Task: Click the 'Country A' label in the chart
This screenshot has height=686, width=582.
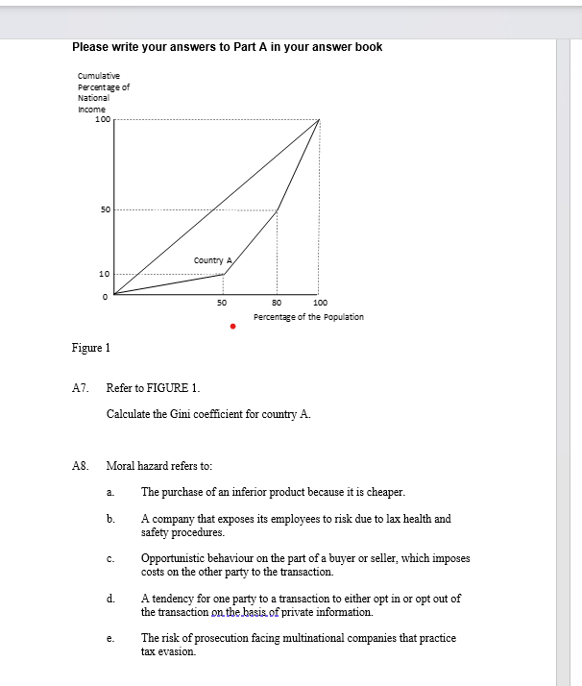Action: click(211, 260)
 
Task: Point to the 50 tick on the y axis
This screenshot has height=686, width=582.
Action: click(106, 209)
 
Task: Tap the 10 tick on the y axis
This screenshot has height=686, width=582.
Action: click(105, 275)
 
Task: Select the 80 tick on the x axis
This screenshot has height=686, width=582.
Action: click(277, 303)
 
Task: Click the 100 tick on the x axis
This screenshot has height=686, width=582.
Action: click(320, 303)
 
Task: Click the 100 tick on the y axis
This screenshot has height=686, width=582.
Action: click(102, 119)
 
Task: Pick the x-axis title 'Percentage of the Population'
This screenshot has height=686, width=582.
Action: click(308, 317)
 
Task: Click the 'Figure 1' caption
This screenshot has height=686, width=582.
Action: click(93, 348)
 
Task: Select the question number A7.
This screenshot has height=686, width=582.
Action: click(81, 388)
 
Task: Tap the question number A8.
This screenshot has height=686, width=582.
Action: click(81, 465)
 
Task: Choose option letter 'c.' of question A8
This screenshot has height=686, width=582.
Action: click(111, 558)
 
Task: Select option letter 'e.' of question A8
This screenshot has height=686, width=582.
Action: click(111, 638)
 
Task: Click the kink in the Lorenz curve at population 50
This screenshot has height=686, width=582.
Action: click(224, 274)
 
